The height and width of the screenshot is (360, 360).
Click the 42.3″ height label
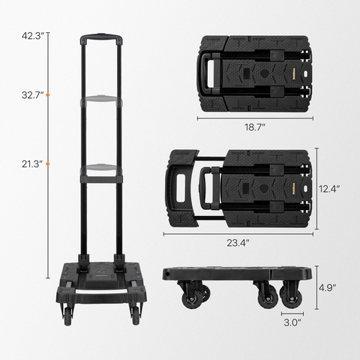point(33,36)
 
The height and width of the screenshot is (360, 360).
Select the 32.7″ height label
point(33,95)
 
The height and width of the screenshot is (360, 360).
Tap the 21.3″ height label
point(32,164)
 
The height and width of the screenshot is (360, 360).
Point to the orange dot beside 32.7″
point(48,95)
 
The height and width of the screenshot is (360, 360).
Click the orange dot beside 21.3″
point(48,164)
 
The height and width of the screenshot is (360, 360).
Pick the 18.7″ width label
point(255,127)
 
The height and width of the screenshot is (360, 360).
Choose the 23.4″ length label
point(238,243)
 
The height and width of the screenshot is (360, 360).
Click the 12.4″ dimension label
point(329,189)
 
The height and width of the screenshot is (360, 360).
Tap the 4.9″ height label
point(327,288)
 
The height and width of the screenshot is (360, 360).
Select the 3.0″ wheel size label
point(292,322)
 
